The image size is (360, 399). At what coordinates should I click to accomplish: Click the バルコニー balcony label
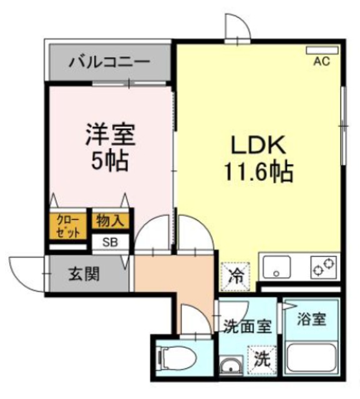[x=109, y=62]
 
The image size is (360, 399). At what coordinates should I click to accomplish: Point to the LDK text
[x=258, y=145]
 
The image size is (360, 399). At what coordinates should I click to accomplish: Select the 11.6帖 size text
[x=258, y=171]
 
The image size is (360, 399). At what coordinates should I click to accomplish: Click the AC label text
[x=322, y=61]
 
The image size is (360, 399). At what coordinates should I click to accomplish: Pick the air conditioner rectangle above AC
[x=323, y=50]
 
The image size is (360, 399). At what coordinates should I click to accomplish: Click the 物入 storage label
[x=110, y=220]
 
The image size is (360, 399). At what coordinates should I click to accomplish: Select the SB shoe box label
[x=110, y=243]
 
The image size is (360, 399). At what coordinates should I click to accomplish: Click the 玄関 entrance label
[x=84, y=274]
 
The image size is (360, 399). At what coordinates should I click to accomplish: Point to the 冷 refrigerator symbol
[x=235, y=277]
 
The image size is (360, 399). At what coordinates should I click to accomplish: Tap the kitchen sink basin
[x=277, y=267]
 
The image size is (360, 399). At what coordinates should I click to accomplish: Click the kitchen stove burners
[x=323, y=267]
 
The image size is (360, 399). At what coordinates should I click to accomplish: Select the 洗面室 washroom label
[x=247, y=326]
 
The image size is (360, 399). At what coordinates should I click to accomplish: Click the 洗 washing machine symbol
[x=262, y=359]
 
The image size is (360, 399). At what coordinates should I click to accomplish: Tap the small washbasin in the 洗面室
[x=231, y=366]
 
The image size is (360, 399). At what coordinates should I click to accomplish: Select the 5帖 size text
[x=110, y=161]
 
